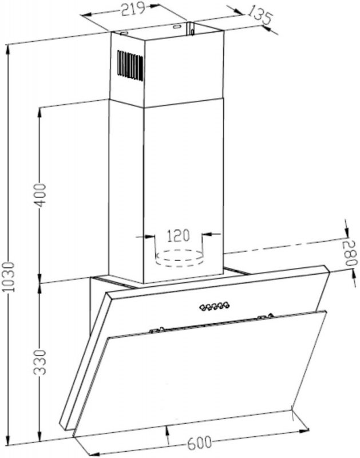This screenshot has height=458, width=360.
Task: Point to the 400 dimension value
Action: pyautogui.click(x=40, y=195)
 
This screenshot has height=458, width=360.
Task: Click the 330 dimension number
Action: pyautogui.click(x=40, y=362)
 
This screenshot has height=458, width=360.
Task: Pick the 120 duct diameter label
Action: pyautogui.click(x=178, y=235)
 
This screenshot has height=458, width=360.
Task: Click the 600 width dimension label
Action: pyautogui.click(x=199, y=443)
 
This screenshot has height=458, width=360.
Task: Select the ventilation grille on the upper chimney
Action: pyautogui.click(x=130, y=65)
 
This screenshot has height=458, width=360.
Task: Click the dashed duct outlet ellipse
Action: pyautogui.click(x=179, y=258)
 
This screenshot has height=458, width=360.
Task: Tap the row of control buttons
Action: pyautogui.click(x=215, y=306)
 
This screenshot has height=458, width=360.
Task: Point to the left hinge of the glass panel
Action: pyautogui.click(x=157, y=330)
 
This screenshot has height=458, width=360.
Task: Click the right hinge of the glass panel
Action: pyautogui.click(x=266, y=316)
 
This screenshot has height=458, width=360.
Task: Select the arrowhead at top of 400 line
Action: pyautogui.click(x=40, y=112)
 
